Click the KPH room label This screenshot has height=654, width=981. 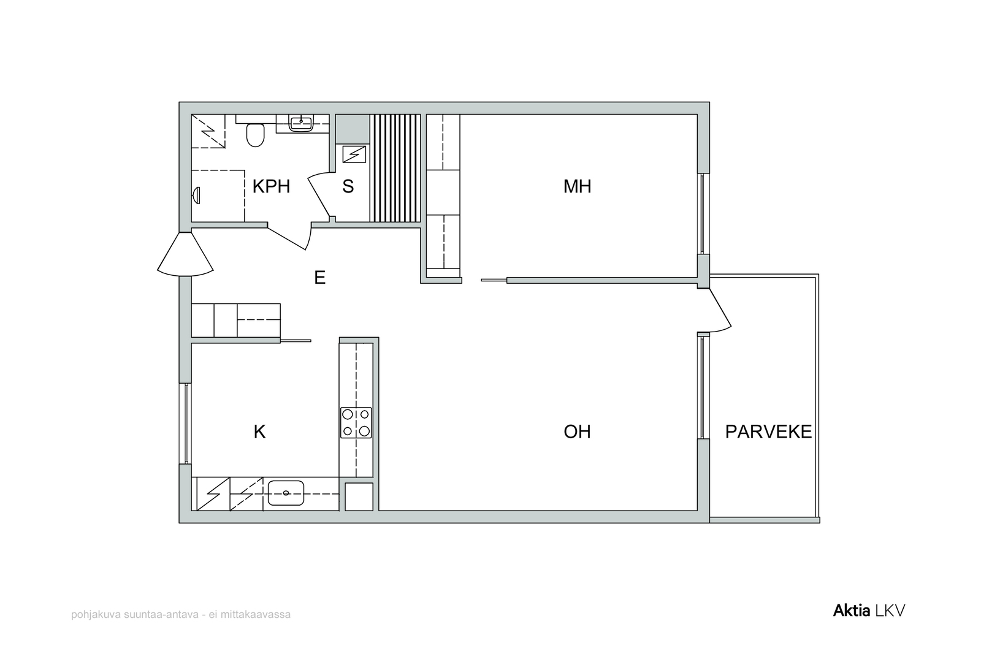tap(271, 186)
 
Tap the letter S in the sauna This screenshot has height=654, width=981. tap(348, 186)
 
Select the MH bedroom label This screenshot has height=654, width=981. tap(577, 186)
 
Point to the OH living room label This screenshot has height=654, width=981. tap(577, 432)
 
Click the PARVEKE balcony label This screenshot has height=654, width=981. tap(769, 432)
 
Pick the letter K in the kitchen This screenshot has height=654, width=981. tap(260, 432)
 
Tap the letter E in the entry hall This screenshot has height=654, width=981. tap(319, 278)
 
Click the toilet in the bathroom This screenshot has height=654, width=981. tap(255, 134)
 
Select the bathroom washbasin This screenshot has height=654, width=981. tap(301, 123)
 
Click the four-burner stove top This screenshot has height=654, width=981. tap(356, 423)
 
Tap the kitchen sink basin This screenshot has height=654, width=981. tap(286, 493)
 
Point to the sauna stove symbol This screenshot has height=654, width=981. tap(354, 154)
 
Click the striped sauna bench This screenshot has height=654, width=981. tap(395, 169)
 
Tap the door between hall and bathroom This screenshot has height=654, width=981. tap(289, 237)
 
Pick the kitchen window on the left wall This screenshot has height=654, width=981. tap(186, 424)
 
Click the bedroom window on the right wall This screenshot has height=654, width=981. tap(702, 214)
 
